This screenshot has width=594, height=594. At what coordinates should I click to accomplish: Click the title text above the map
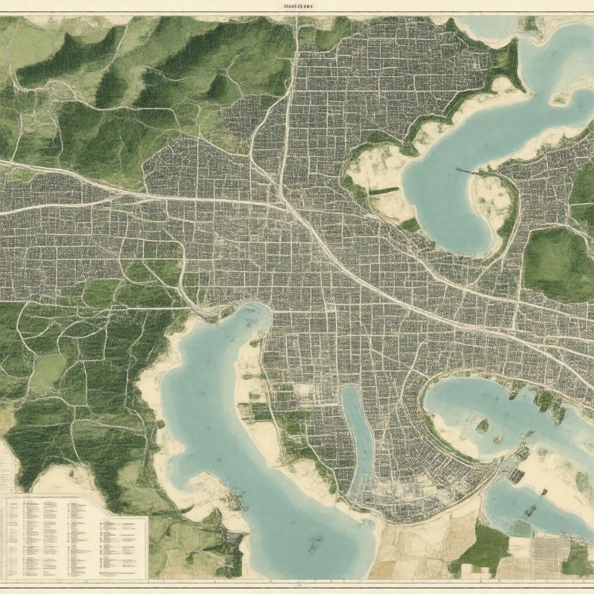pyautogui.click(x=298, y=6)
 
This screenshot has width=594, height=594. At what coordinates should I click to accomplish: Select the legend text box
pyautogui.click(x=75, y=537)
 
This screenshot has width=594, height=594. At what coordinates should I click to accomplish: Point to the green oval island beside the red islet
pyautogui.click(x=482, y=426)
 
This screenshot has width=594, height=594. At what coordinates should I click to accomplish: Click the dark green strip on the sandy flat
pyautogui.click(x=383, y=190)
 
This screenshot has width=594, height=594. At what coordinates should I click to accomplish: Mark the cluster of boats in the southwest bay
pyautogui.click(x=316, y=544)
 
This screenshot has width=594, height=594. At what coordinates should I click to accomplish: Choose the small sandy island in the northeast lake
pyautogui.click(x=559, y=99)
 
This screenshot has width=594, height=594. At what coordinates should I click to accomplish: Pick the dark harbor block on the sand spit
pyautogui.click(x=516, y=476)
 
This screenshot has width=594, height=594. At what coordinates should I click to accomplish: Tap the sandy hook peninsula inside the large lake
pyautogui.click(x=493, y=203)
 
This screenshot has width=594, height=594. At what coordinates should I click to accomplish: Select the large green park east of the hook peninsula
pyautogui.click(x=557, y=264)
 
